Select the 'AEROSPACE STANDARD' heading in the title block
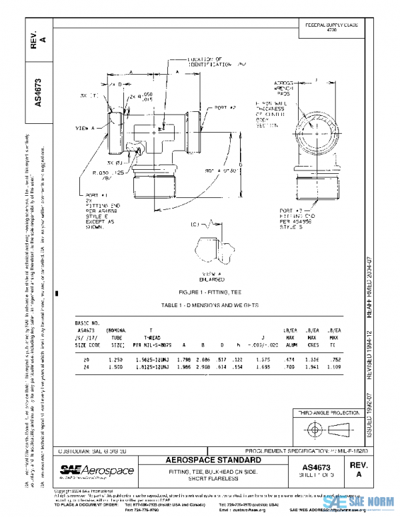coord(214,460)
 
